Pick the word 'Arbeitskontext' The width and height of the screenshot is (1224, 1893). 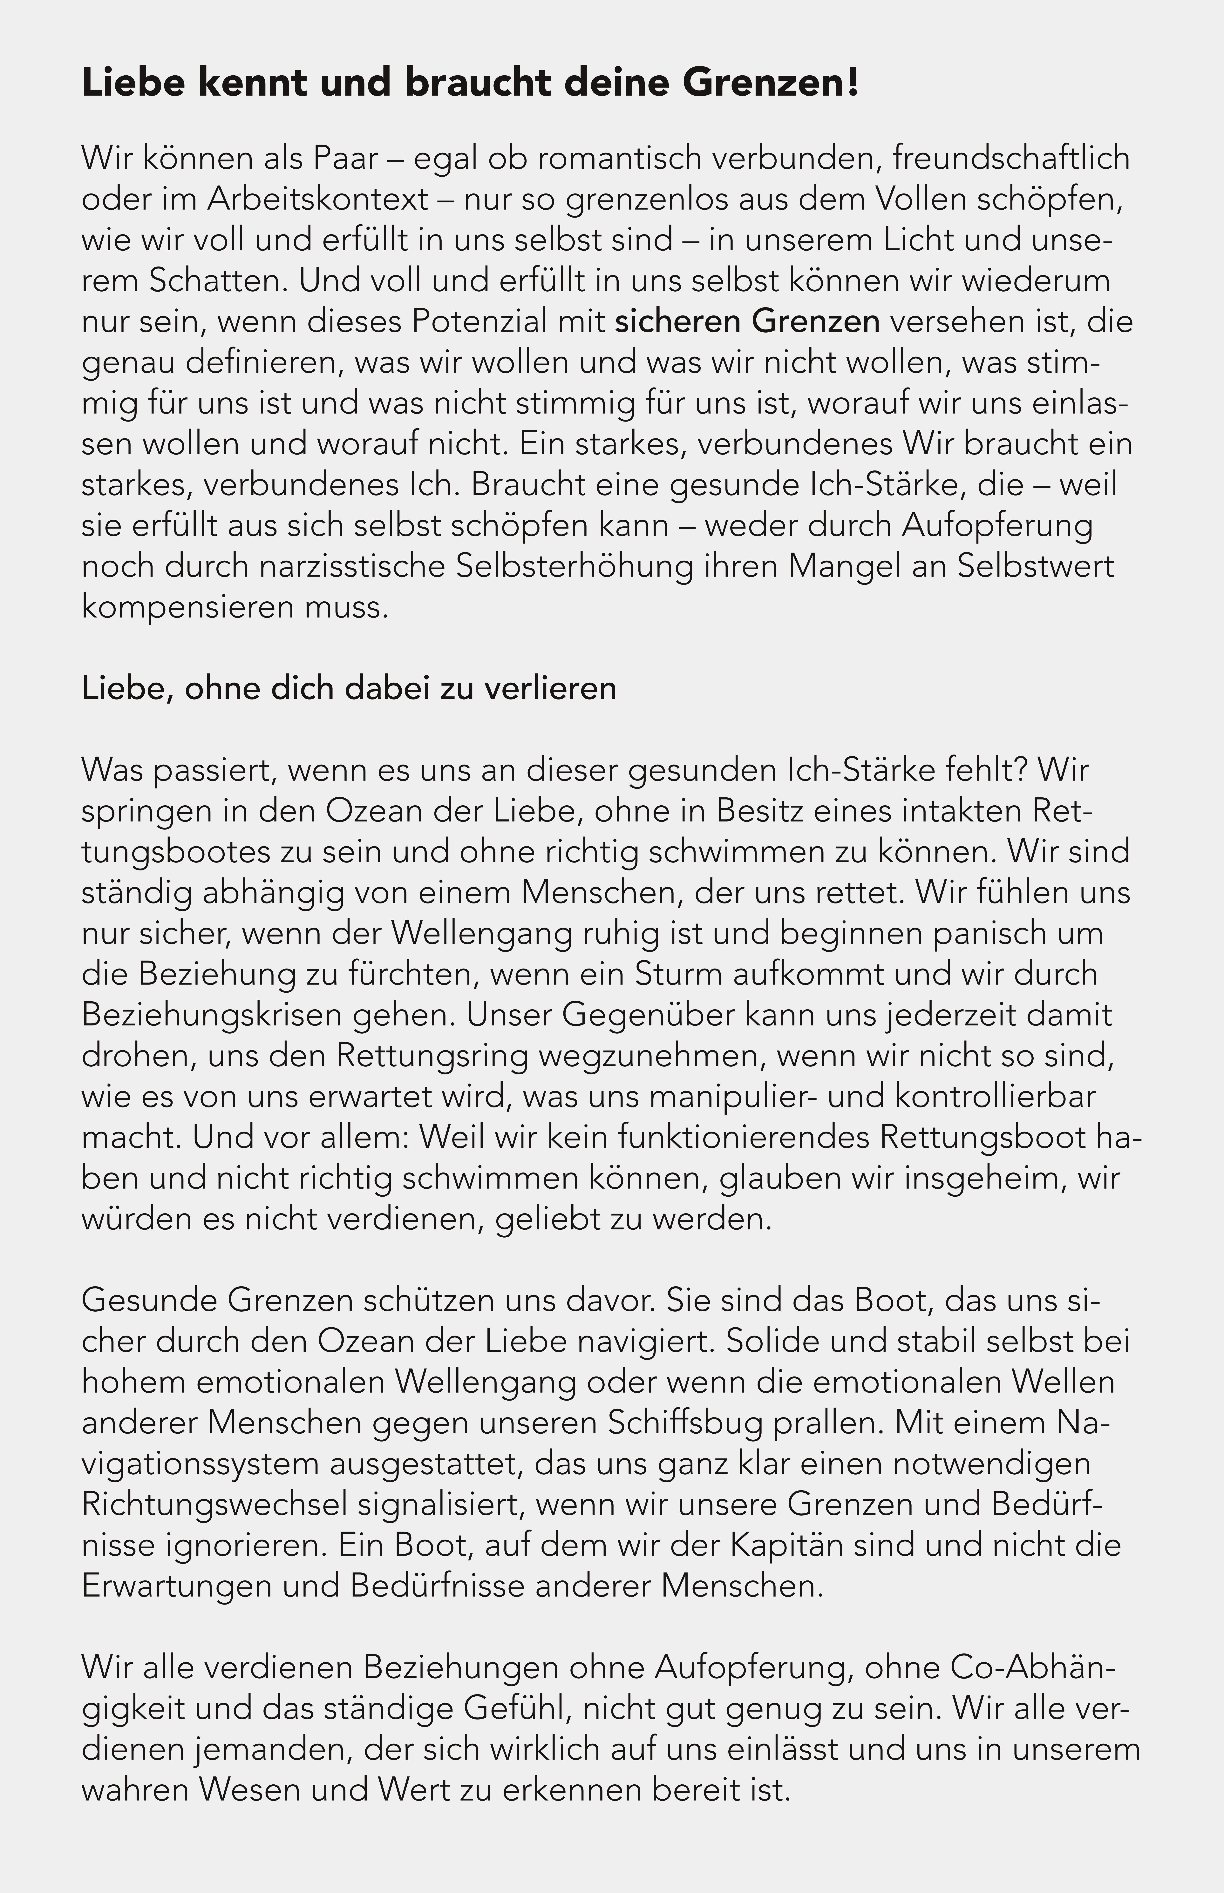(318, 199)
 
